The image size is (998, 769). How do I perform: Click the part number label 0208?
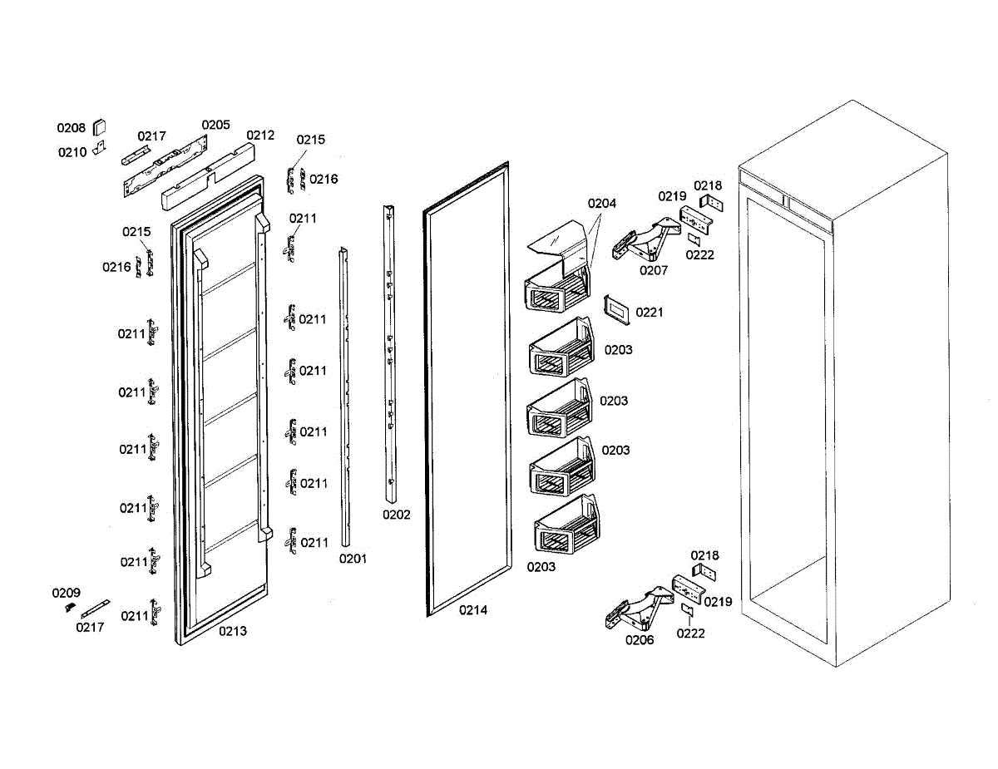[x=71, y=128]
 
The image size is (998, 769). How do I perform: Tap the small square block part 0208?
[x=99, y=126]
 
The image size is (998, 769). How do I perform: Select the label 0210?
[x=72, y=152]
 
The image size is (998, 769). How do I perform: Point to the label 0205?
[x=215, y=125]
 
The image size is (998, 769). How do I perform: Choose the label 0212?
[x=260, y=135]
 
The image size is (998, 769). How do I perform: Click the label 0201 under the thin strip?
[x=353, y=559]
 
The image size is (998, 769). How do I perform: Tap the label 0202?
[x=397, y=515]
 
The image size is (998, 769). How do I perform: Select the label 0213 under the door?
[x=233, y=631]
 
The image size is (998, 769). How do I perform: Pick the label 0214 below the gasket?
[x=473, y=610]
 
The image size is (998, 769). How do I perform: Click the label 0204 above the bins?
[x=602, y=204]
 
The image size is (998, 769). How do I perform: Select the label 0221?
[x=650, y=313]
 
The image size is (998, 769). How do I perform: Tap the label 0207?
[x=654, y=270]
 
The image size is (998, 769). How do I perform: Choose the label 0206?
[x=640, y=639]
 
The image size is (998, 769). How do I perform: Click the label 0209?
[x=67, y=593]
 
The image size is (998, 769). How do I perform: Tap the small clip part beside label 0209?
[x=70, y=608]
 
